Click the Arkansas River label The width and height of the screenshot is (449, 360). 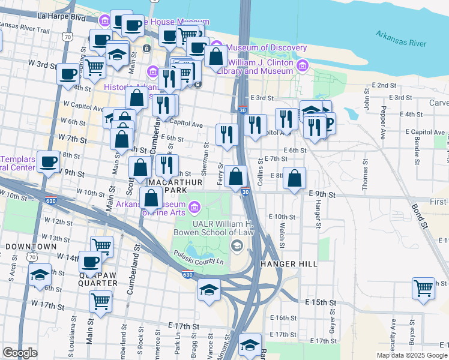pos(401,38)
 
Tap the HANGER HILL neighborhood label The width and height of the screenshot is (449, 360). pos(289,264)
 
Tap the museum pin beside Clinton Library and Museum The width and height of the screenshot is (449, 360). pos(301,65)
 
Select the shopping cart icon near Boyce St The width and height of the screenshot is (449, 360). pos(423,289)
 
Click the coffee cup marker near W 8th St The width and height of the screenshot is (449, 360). pos(48,161)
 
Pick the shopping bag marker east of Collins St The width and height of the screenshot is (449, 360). pos(294,178)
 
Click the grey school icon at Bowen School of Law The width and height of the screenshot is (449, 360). pos(237,245)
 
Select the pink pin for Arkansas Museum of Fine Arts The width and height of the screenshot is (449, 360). pos(194,208)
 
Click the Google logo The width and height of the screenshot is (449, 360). pos(20,353)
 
